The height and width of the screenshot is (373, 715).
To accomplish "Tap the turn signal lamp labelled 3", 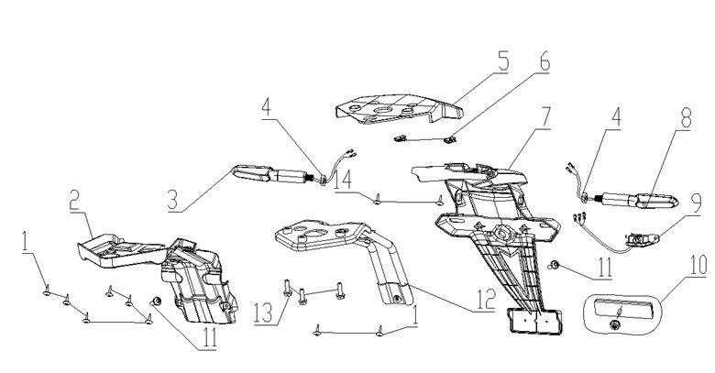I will [266, 172].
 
